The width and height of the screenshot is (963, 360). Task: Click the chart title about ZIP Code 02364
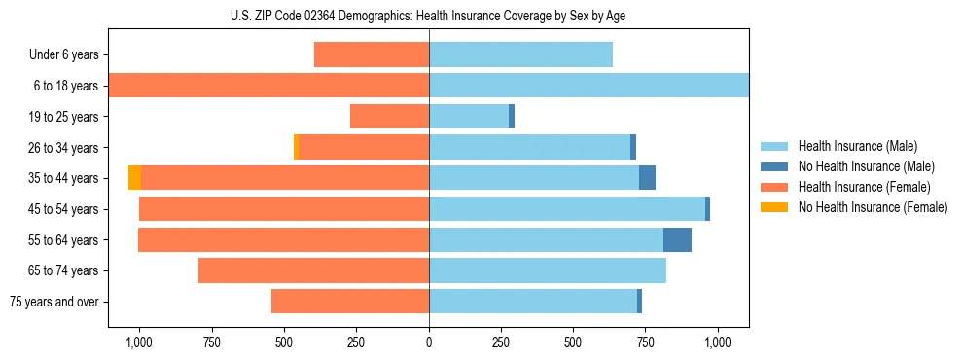[x=428, y=16]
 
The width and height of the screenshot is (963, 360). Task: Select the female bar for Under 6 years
[x=372, y=54]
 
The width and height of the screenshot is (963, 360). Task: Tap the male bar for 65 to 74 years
[x=548, y=270]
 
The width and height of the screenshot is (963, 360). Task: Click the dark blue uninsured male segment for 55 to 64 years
[x=677, y=239]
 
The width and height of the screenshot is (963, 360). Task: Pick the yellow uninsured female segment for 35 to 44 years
[x=134, y=178]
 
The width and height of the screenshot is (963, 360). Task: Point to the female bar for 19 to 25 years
[x=389, y=117]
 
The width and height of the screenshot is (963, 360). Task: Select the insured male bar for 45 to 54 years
[x=567, y=209]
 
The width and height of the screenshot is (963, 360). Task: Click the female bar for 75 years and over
[x=350, y=302]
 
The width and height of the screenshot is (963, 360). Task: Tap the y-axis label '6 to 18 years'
[x=64, y=86]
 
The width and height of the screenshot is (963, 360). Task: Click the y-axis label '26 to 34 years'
[x=61, y=148]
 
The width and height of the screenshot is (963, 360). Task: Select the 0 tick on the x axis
[x=429, y=342]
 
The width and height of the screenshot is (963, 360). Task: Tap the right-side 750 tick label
[x=646, y=342]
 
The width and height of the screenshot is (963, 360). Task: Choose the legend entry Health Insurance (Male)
[x=857, y=146]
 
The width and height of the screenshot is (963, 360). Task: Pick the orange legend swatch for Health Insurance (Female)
[x=774, y=187]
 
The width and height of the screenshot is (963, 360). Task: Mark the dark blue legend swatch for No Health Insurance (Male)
[x=774, y=166]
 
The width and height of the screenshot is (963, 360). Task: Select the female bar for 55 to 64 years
[x=283, y=239]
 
